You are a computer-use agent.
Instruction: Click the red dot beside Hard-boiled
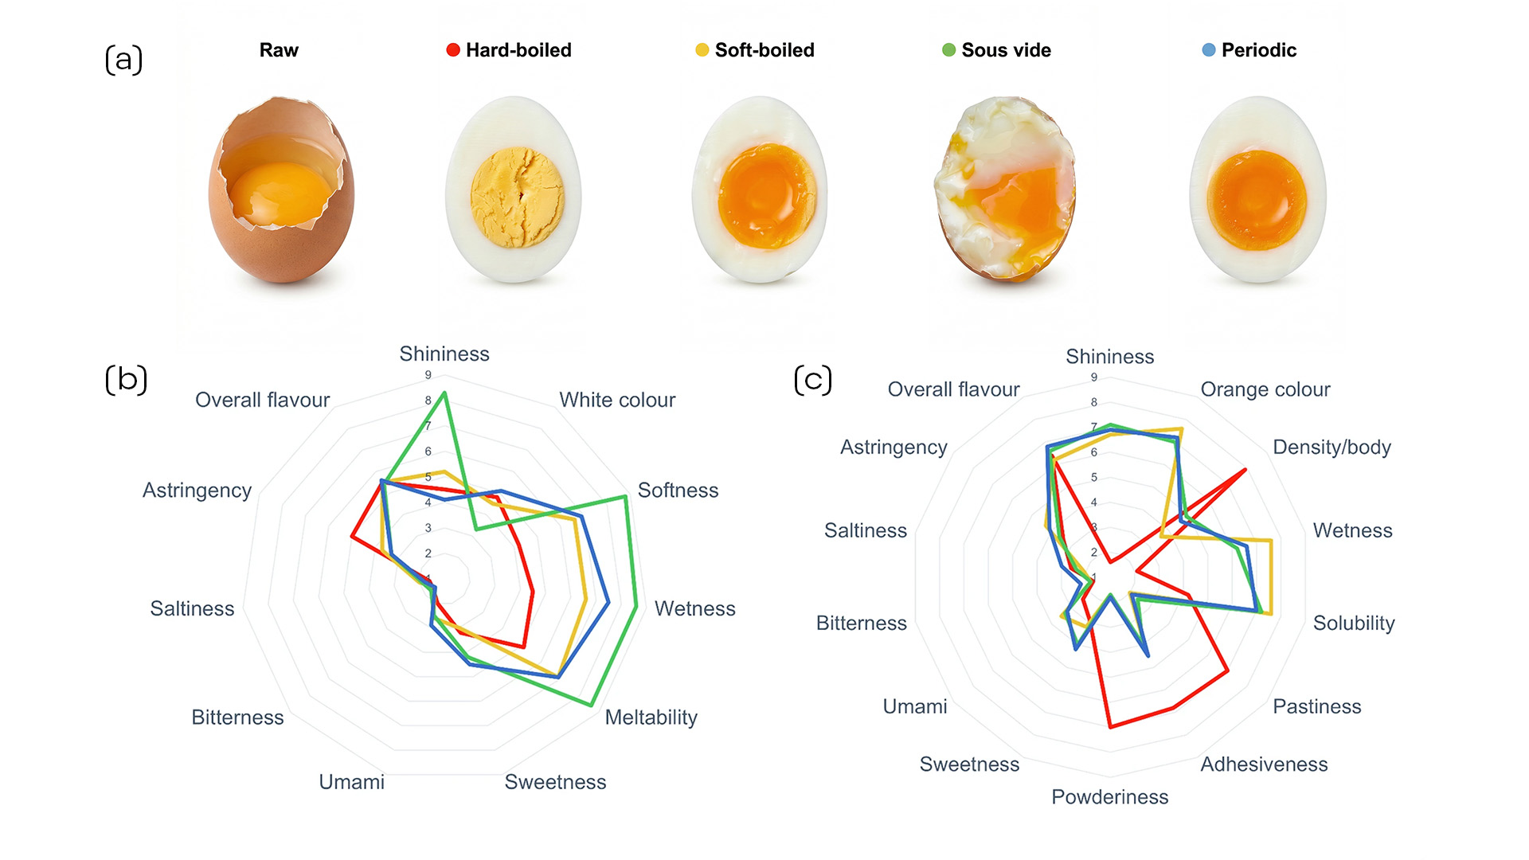pos(453,50)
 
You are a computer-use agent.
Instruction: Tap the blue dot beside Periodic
pos(1208,50)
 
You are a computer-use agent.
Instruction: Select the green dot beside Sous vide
pos(948,50)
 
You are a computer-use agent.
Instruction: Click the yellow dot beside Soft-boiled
pos(702,50)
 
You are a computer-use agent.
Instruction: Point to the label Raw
pos(279,50)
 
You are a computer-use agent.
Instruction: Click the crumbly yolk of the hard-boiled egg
pos(517,197)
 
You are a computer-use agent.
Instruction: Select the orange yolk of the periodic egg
pos(1257,200)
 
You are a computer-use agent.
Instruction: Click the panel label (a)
pos(123,60)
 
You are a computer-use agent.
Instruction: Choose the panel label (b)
pos(126,379)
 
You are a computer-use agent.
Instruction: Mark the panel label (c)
pos(813,379)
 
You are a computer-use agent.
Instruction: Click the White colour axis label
pos(617,400)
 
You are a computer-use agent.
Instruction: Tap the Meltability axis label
pos(651,717)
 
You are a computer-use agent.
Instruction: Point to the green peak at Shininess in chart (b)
pos(444,393)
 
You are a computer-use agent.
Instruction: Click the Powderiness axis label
pos(1109,797)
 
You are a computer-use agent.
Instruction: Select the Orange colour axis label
pos(1265,389)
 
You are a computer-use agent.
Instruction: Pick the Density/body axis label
pos(1332,448)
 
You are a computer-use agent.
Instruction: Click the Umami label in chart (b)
pos(351,782)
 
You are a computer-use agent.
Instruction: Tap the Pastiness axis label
pos(1316,706)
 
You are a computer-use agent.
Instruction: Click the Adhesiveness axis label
pos(1264,764)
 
